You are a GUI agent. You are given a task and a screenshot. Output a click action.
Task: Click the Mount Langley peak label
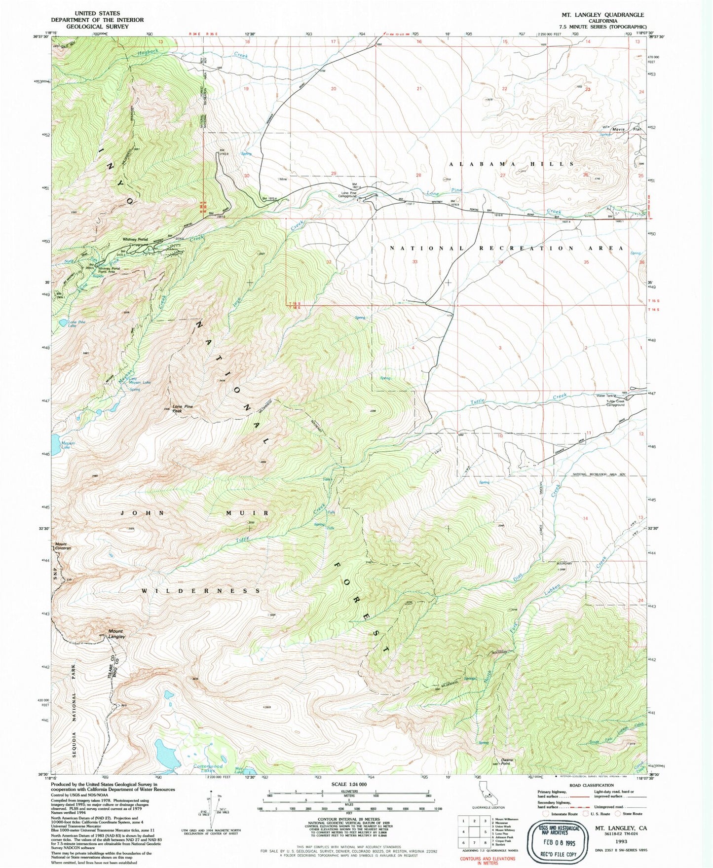(x=116, y=634)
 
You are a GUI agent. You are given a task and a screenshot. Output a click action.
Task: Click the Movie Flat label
(x=623, y=130)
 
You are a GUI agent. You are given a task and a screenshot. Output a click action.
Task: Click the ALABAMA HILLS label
(x=511, y=163)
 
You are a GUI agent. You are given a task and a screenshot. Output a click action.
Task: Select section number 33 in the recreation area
(x=415, y=262)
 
